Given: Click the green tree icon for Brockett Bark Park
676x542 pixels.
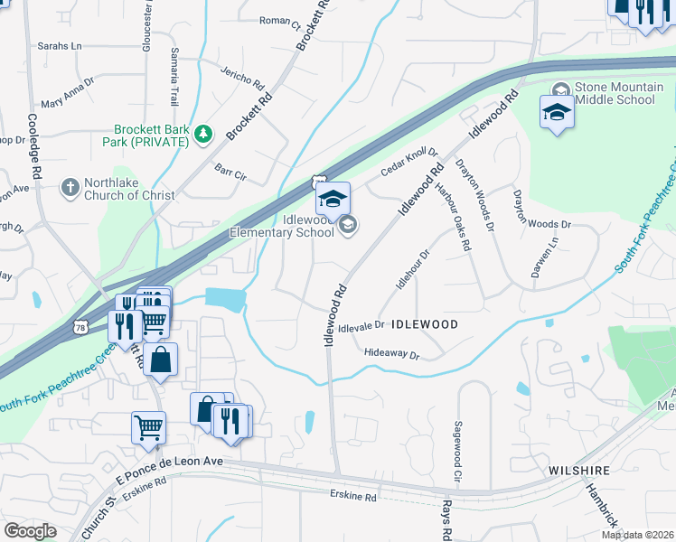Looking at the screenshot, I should point(203,135).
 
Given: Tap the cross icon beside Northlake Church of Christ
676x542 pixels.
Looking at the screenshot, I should point(70,188).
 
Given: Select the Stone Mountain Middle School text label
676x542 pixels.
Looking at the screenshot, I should point(615,93).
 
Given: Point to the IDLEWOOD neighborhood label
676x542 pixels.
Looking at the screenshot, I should point(425,323).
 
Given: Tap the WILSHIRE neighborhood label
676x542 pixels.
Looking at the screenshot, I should point(579,471).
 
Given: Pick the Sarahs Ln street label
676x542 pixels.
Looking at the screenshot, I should point(59,45).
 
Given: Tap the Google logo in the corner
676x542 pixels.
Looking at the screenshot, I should point(30,531).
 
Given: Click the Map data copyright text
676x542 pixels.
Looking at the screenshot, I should point(637,535).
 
